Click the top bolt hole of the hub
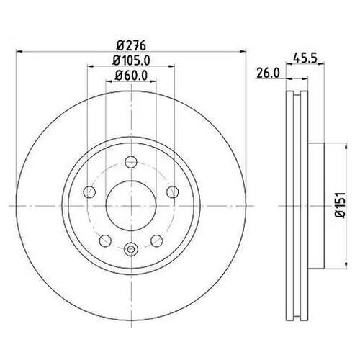[130, 162]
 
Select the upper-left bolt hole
[89, 192]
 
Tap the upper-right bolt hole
[172, 192]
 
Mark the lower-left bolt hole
[104, 240]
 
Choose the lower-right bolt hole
[156, 240]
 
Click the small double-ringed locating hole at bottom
[130, 250]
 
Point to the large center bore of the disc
[130, 206]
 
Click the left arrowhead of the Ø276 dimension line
[18, 51]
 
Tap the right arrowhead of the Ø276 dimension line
[243, 51]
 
